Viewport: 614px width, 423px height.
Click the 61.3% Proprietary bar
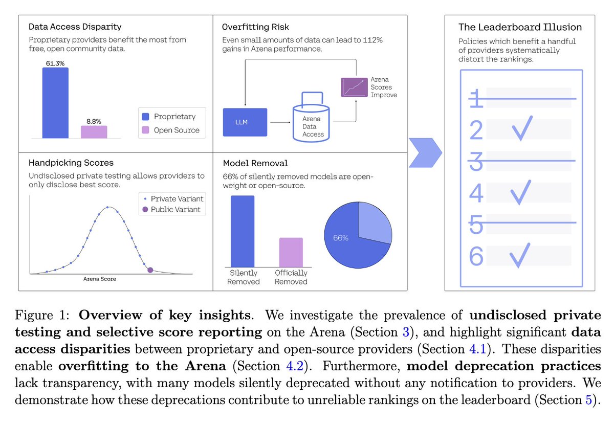click(55, 103)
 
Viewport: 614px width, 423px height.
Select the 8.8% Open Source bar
click(94, 132)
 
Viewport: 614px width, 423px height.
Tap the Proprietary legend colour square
click(145, 117)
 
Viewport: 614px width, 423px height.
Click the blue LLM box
click(245, 122)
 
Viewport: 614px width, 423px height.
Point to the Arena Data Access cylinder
click(311, 123)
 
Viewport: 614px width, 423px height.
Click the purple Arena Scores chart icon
click(354, 87)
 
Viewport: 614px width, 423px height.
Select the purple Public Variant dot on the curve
click(150, 270)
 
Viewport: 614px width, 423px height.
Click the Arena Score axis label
click(100, 279)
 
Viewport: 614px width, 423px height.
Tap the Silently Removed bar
click(243, 231)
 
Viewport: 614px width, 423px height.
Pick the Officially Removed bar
click(291, 252)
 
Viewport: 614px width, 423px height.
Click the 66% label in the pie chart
click(341, 238)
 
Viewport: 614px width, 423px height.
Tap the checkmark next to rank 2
click(522, 128)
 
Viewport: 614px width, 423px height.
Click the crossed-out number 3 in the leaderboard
click(476, 162)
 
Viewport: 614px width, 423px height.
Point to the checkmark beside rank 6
click(520, 255)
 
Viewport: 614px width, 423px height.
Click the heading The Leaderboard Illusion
click(520, 27)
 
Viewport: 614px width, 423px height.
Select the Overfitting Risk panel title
click(255, 27)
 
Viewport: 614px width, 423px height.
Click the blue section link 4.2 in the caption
click(295, 366)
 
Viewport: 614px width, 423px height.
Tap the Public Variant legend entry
click(171, 209)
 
